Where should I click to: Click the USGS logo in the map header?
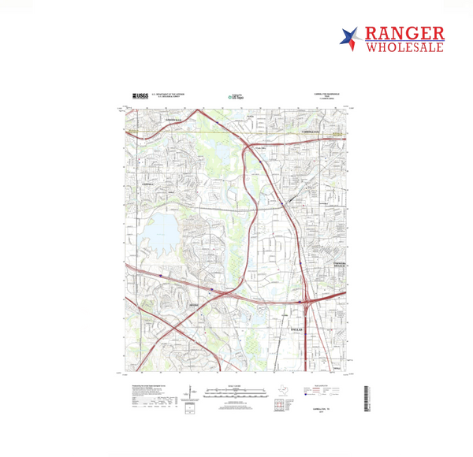tap(140, 96)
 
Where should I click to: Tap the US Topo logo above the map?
tap(236, 96)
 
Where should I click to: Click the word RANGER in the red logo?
tap(405, 34)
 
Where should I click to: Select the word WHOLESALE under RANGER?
tap(405, 47)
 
